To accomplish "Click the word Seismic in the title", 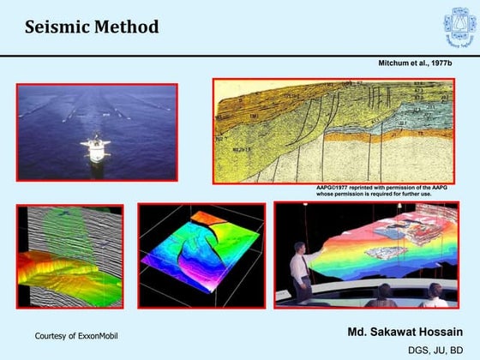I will [x=56, y=27].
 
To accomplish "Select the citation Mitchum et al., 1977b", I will [x=416, y=64].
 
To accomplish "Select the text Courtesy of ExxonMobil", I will [x=76, y=335].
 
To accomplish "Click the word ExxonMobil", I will [x=96, y=335].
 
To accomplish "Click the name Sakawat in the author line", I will [x=398, y=331].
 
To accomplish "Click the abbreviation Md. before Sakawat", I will [x=358, y=331].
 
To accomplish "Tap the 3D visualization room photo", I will [x=365, y=255].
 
